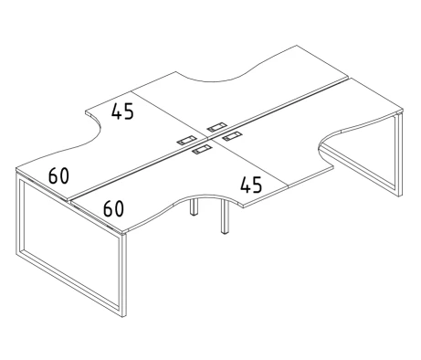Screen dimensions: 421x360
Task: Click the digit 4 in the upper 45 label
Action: point(116,111)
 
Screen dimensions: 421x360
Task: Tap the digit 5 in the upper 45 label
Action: point(129,111)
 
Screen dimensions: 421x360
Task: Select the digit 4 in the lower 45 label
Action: point(246,185)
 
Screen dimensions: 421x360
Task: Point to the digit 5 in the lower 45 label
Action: point(258,185)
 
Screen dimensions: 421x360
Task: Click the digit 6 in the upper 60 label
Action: point(53,175)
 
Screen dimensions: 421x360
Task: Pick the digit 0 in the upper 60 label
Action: point(64,176)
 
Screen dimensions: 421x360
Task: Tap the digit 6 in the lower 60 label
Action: point(108,208)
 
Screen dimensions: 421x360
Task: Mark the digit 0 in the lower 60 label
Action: point(119,208)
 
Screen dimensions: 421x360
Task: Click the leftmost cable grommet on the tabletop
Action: point(186,140)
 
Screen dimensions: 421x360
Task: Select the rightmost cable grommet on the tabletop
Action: point(232,136)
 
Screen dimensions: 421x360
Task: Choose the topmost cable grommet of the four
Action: point(216,127)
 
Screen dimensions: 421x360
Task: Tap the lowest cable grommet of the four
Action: point(202,149)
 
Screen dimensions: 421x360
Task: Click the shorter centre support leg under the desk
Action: point(194,206)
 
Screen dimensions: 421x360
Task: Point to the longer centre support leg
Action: point(225,217)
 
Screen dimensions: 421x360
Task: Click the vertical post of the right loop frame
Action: point(399,154)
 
